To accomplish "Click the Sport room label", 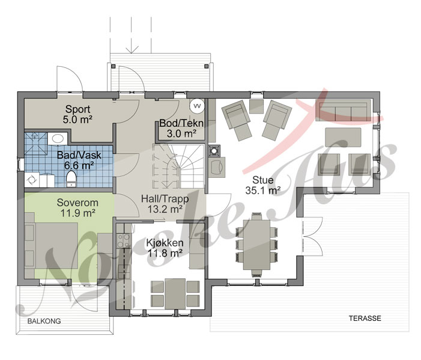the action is [x=78, y=109].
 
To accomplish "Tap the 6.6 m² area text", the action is [x=79, y=165].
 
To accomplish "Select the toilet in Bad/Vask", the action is [x=71, y=178].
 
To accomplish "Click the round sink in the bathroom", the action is [x=58, y=139].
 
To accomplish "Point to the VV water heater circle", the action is [x=197, y=106].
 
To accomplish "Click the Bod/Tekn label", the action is [x=181, y=123].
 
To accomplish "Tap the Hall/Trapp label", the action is [x=165, y=199].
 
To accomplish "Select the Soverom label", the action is [x=77, y=203].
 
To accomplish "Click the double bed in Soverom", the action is [x=52, y=245].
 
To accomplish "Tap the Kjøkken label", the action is [x=165, y=243].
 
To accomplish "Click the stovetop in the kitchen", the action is [x=123, y=240].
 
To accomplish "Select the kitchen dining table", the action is [x=175, y=294].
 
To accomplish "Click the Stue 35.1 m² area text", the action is [x=263, y=191].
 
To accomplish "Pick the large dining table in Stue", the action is [x=256, y=245].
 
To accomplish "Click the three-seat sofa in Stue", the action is [x=344, y=110].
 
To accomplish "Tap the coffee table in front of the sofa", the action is [x=343, y=137].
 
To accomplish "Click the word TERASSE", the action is [x=365, y=319].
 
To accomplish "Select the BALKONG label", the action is [x=44, y=321].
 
